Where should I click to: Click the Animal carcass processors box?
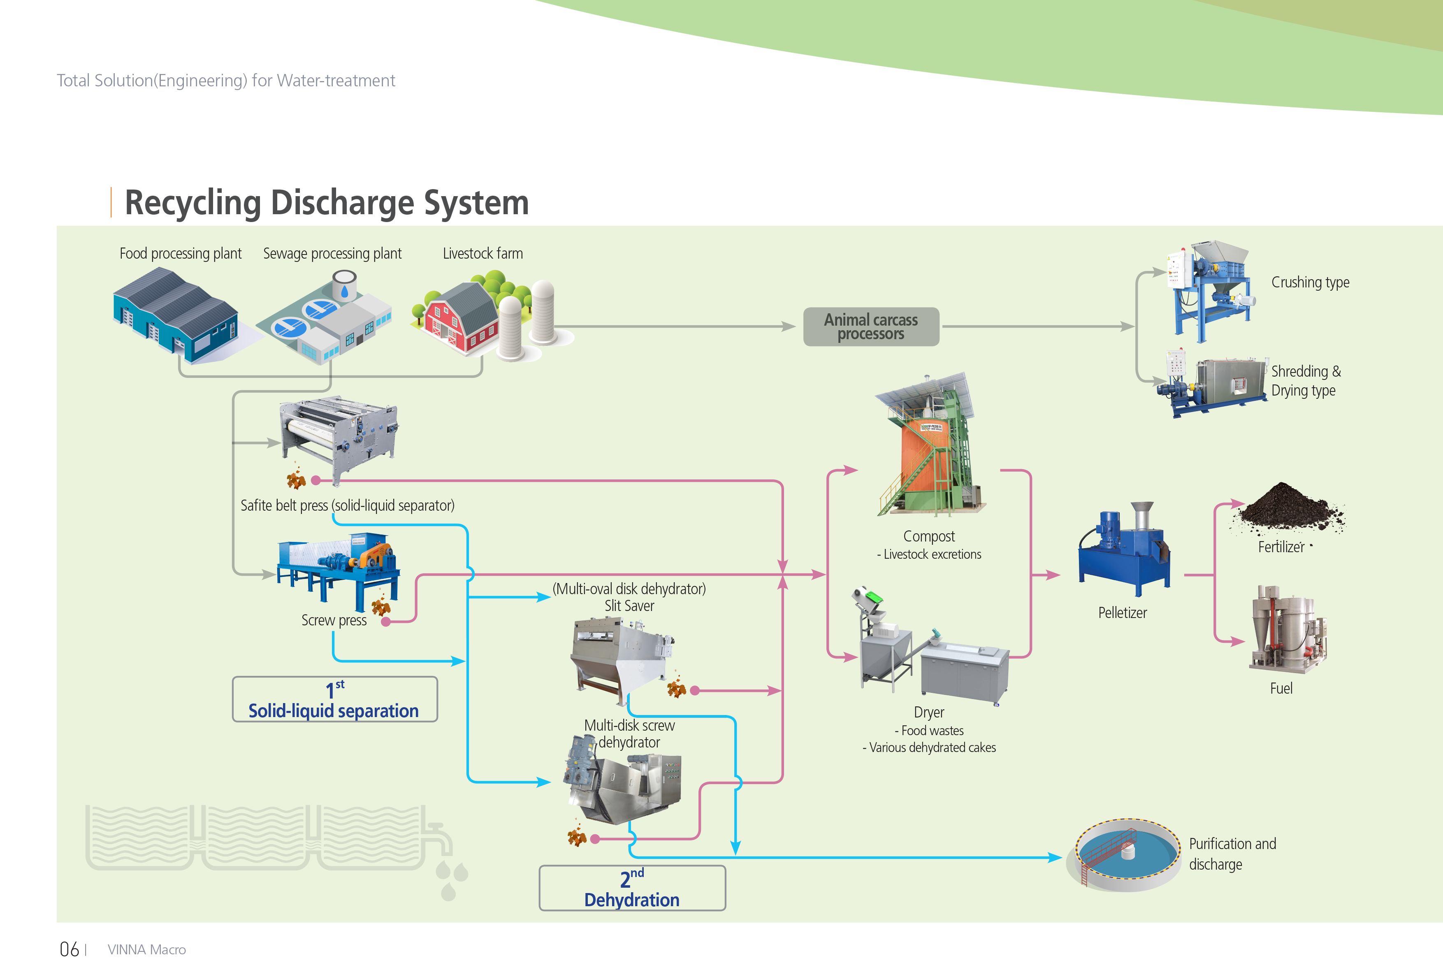pos(871,327)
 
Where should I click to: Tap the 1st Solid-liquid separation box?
pos(335,699)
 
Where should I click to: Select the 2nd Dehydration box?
pos(632,888)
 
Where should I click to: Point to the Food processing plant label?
pos(180,254)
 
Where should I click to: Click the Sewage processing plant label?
pos(332,254)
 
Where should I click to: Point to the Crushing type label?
pos(1310,282)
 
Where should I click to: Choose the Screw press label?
pos(334,620)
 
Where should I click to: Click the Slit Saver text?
pos(629,606)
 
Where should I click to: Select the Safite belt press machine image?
pos(339,438)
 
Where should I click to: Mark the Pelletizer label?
pos(1122,613)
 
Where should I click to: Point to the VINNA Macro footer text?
pos(146,950)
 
